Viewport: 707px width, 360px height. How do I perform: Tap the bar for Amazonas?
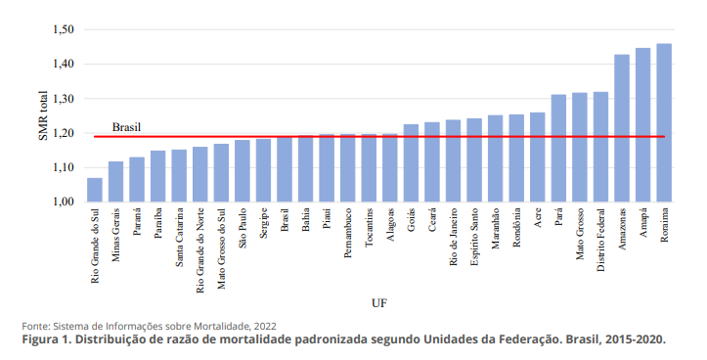click(622, 128)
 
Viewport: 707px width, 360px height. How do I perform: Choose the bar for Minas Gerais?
click(115, 182)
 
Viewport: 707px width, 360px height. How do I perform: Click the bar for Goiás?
click(411, 163)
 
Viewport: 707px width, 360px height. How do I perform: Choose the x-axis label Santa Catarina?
click(179, 237)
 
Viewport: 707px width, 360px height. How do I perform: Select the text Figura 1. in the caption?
click(48, 339)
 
